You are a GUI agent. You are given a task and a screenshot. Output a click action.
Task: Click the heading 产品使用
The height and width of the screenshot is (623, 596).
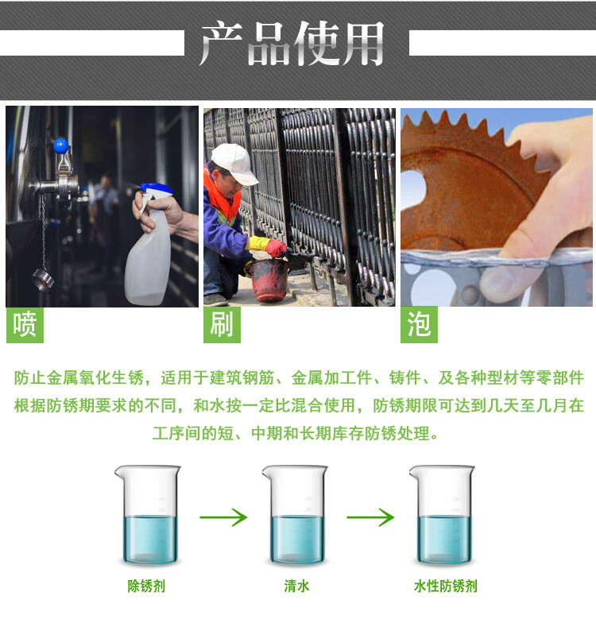point(292,43)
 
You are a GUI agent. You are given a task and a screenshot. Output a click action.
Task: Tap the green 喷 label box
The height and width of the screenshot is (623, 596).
point(25,324)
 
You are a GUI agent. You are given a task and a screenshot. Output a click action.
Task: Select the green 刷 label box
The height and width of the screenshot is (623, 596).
point(222,324)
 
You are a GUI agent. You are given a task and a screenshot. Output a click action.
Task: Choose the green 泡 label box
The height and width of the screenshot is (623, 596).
point(419,324)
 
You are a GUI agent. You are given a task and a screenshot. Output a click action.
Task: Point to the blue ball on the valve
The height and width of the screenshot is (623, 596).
point(61,146)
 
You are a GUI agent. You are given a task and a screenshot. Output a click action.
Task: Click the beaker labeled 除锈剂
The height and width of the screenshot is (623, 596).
point(148,515)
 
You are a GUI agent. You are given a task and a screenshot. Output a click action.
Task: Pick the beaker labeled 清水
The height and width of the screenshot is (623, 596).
point(295,515)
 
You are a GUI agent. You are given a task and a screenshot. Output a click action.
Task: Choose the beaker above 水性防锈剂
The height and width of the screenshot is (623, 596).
point(442,515)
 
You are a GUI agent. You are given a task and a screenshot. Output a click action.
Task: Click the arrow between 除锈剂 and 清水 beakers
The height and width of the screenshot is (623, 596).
point(223,517)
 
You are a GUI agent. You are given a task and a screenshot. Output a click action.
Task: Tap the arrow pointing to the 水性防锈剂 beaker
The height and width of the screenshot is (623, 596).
point(370,517)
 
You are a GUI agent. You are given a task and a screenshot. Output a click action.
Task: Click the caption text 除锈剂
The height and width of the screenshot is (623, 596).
point(146,586)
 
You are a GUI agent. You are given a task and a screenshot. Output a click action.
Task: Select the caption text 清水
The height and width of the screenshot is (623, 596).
point(296,586)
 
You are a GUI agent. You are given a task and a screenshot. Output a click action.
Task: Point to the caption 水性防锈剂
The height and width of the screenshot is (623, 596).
point(445,586)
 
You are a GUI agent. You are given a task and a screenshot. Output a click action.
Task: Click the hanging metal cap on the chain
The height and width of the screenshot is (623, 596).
point(43,280)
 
